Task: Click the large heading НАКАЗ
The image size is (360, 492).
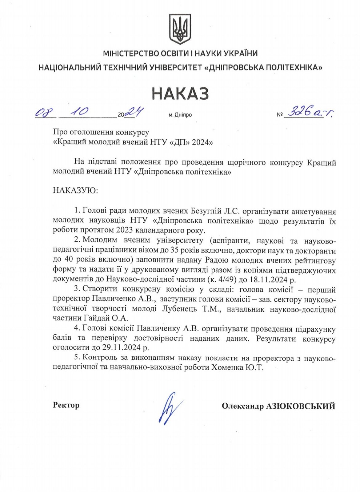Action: pyautogui.click(x=180, y=93)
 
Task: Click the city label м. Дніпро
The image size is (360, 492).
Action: pyautogui.click(x=180, y=115)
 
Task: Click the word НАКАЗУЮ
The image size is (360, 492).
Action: pyautogui.click(x=75, y=190)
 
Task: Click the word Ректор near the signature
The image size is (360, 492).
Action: pyautogui.click(x=66, y=405)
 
